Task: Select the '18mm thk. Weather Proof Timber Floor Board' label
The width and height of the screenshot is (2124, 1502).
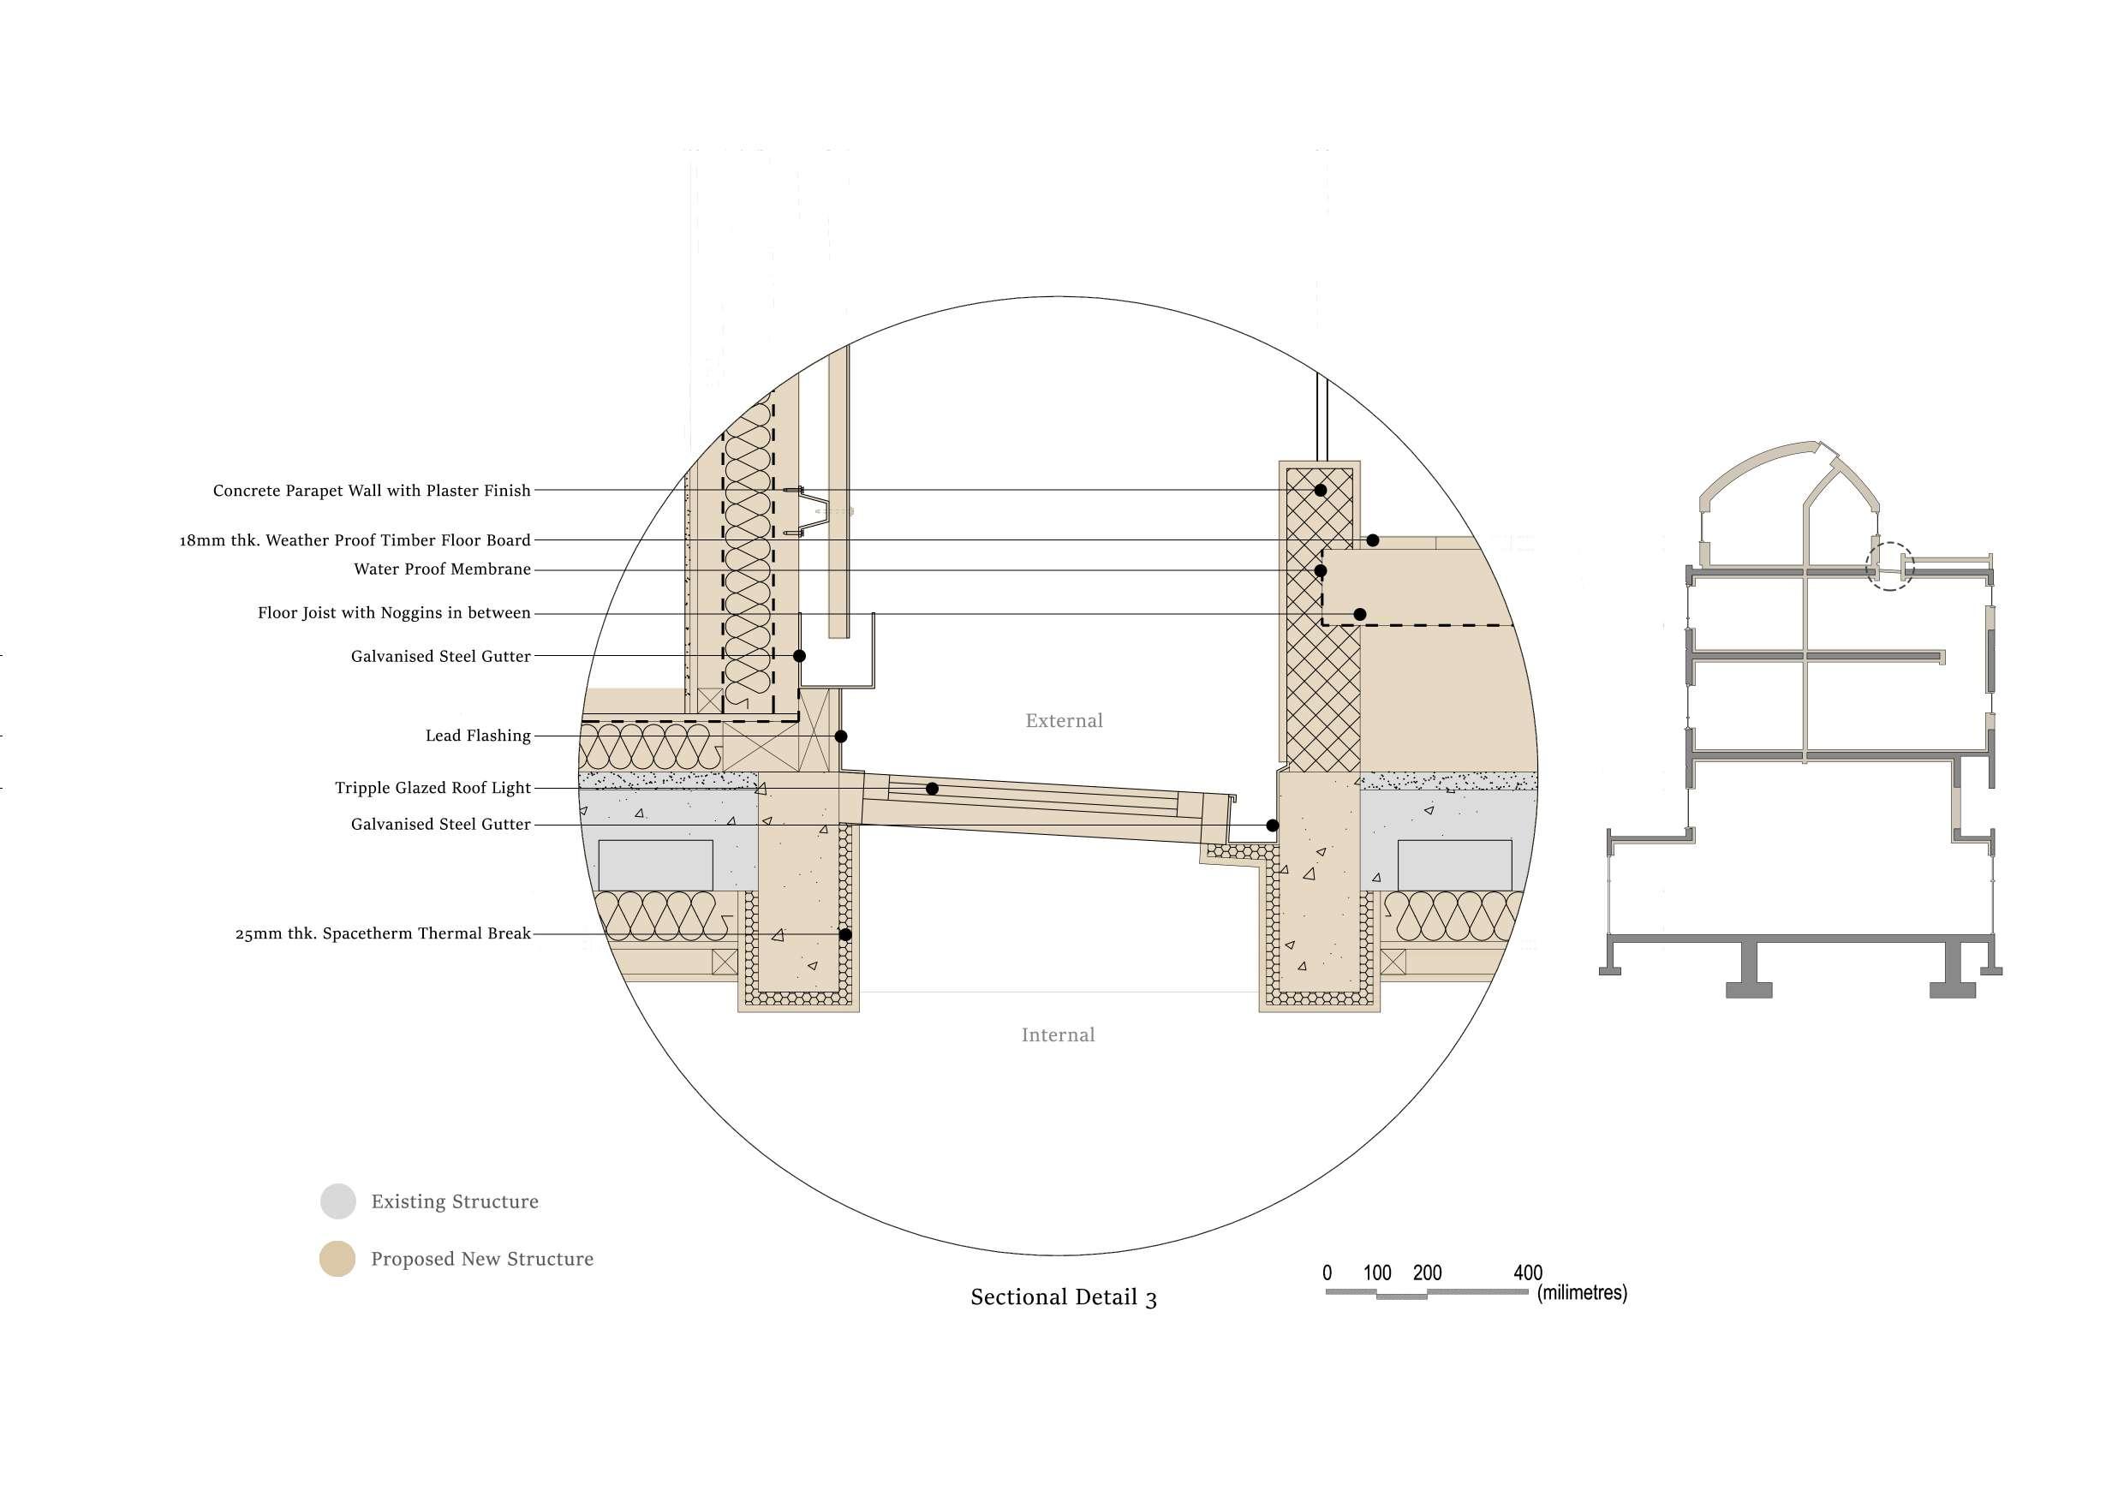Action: (355, 540)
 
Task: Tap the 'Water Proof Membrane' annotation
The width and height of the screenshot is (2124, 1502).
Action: (442, 569)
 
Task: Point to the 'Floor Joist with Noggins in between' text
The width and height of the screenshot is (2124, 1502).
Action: (394, 613)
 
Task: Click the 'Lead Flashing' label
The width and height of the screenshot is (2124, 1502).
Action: (478, 736)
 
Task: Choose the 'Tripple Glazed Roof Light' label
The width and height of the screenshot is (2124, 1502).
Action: (433, 788)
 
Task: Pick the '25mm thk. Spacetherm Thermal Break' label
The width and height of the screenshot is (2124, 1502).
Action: (383, 934)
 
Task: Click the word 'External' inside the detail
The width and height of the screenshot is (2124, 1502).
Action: (1064, 720)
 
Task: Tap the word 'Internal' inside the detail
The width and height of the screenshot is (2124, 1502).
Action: (1058, 1035)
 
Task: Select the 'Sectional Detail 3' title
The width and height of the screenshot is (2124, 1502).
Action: (1063, 1297)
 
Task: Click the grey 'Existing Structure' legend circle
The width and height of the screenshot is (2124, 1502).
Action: (337, 1201)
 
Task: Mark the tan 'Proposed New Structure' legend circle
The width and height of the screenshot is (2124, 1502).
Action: (337, 1259)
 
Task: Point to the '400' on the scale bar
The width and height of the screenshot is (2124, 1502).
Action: (1527, 1273)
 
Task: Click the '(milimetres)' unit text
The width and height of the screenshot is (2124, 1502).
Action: (1581, 1293)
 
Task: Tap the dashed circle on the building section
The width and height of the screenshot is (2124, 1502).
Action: (1890, 567)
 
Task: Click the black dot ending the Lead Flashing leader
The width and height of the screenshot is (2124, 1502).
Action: (841, 736)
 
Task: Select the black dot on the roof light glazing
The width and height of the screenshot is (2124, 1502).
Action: (933, 789)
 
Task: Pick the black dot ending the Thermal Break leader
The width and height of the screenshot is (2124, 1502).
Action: (844, 934)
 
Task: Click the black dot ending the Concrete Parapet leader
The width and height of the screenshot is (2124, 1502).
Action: (1320, 490)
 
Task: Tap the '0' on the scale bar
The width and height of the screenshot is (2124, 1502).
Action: (1327, 1273)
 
